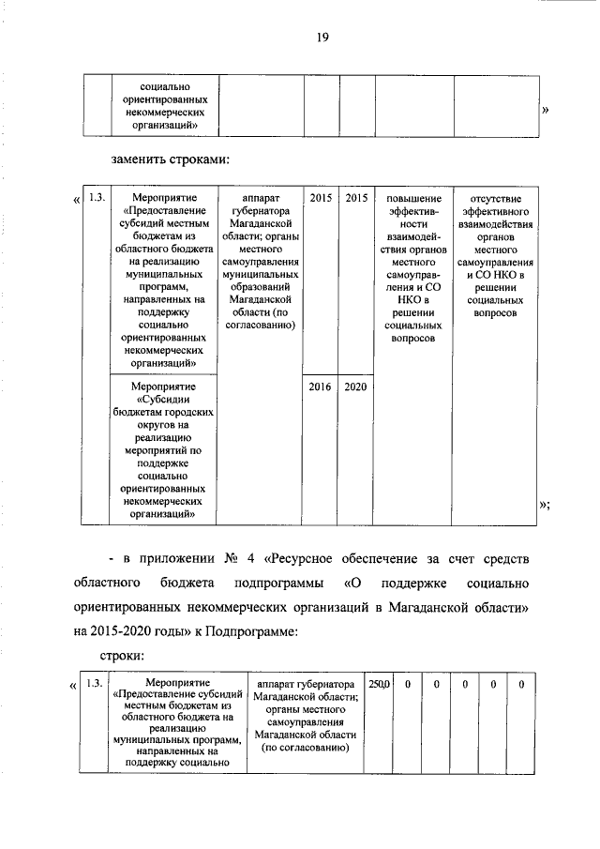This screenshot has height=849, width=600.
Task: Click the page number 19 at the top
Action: tap(322, 38)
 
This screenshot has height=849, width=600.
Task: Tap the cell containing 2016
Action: tap(321, 386)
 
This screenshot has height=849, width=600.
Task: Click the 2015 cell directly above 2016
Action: tap(321, 199)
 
